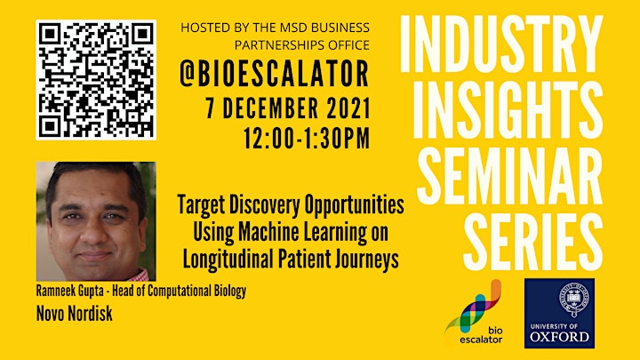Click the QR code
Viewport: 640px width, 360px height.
(x=96, y=80)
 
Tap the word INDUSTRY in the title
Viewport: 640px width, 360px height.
(x=501, y=44)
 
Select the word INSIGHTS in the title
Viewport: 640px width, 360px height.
(x=508, y=110)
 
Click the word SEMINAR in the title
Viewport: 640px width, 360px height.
(x=510, y=175)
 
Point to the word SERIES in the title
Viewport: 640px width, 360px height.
(x=533, y=242)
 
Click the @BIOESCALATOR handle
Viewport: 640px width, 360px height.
(x=275, y=74)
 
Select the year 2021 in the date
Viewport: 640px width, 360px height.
(x=348, y=108)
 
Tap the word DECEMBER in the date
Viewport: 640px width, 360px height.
(x=270, y=108)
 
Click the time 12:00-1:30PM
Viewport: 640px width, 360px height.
(x=307, y=139)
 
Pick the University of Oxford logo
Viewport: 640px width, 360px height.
(x=559, y=313)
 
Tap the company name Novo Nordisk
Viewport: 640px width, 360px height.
(x=75, y=314)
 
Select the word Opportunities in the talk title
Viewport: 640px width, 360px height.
(x=355, y=205)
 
